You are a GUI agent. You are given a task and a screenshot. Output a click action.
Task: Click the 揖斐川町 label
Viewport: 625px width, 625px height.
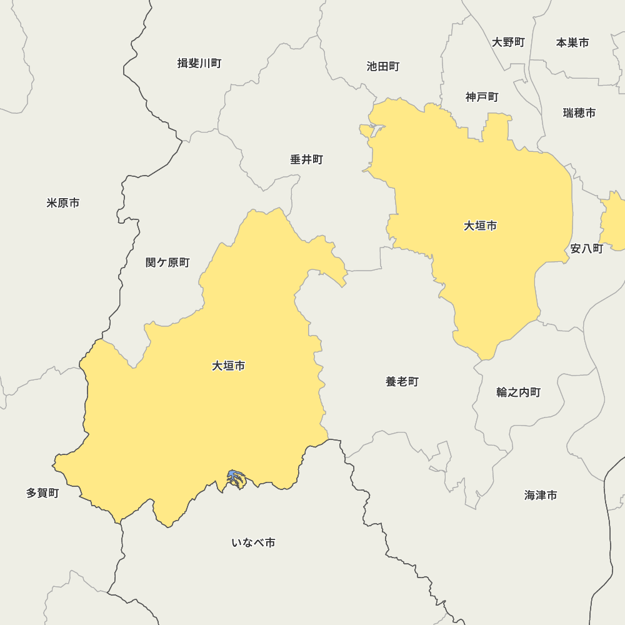(199, 63)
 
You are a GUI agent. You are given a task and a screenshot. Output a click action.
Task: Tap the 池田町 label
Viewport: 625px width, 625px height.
(383, 66)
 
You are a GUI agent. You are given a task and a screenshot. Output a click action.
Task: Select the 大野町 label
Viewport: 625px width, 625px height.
(508, 42)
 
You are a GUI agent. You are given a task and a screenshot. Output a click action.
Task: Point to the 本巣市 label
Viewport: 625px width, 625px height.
(572, 42)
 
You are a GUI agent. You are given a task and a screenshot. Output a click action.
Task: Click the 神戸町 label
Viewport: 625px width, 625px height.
(482, 97)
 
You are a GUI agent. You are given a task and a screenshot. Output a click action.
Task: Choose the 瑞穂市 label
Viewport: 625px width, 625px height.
(579, 113)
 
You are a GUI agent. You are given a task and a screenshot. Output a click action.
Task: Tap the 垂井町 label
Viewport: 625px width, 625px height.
(306, 160)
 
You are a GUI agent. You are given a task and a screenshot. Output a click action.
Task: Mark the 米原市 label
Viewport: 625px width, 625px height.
(63, 203)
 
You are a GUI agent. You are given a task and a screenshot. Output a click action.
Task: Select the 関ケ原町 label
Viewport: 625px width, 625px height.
(167, 262)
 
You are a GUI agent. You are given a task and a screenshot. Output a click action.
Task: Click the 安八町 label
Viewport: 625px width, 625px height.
(587, 249)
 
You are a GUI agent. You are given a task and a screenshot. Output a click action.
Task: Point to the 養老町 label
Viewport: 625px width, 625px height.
(402, 381)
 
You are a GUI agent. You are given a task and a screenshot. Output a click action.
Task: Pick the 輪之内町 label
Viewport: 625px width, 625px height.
(519, 392)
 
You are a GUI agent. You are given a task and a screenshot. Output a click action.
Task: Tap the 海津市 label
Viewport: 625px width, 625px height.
(541, 495)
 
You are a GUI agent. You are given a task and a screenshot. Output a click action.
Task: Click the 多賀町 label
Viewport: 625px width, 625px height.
(42, 493)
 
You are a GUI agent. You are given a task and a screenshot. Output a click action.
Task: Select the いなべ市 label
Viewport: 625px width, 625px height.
(253, 542)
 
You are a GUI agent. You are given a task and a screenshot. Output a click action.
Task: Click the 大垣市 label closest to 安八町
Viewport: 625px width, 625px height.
(480, 226)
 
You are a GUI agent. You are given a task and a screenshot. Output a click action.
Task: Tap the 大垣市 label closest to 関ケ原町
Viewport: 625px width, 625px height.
(228, 366)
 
